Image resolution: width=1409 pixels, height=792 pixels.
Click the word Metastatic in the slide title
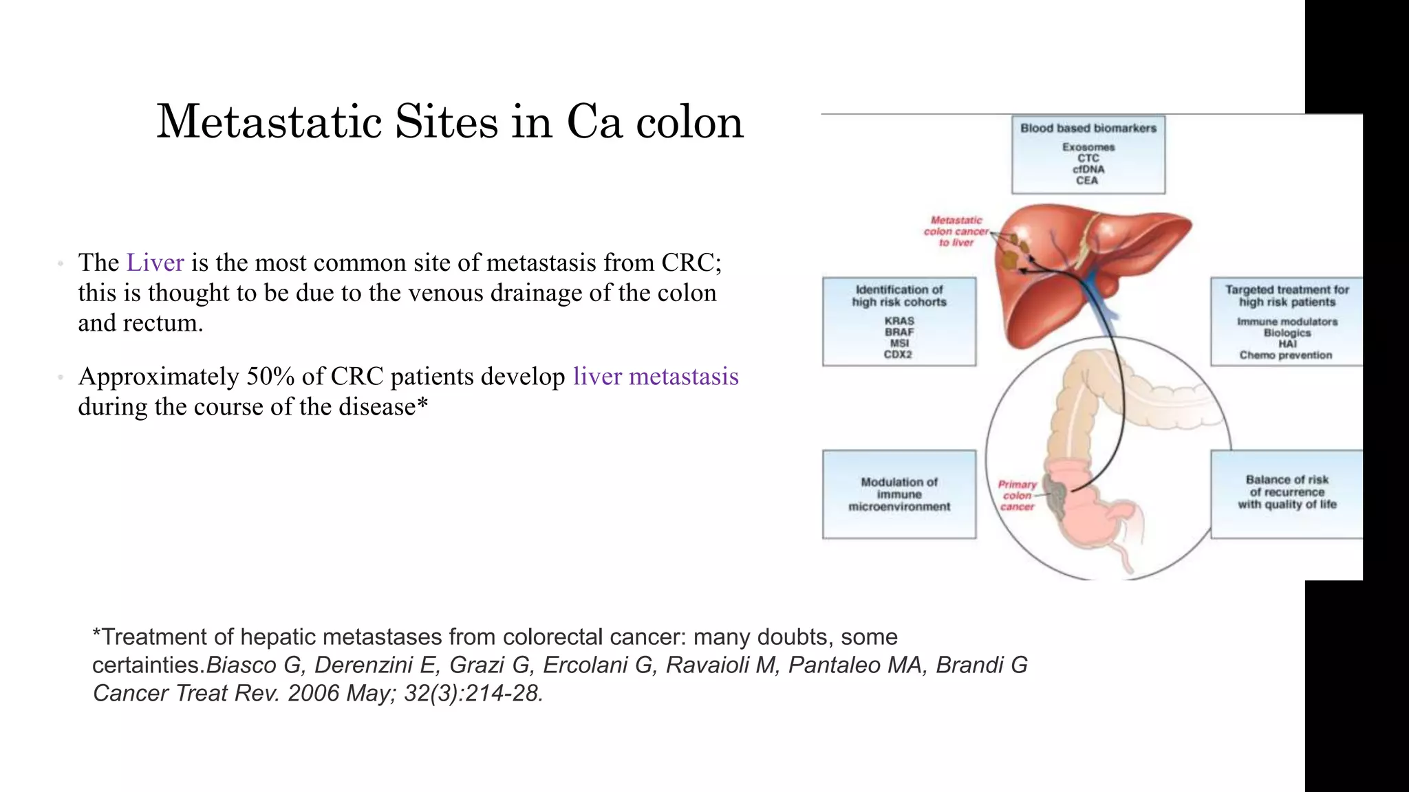pyautogui.click(x=269, y=122)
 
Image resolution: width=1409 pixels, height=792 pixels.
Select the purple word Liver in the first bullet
pyautogui.click(x=155, y=263)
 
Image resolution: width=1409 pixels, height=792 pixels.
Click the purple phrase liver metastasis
pyautogui.click(x=656, y=377)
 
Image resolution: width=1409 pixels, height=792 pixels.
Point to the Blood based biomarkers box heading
pyautogui.click(x=1088, y=129)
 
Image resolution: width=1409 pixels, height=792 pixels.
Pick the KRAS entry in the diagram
pyautogui.click(x=899, y=321)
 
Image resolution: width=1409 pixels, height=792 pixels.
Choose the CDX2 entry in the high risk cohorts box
pyautogui.click(x=898, y=355)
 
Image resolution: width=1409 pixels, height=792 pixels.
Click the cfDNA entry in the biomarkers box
pyautogui.click(x=1088, y=169)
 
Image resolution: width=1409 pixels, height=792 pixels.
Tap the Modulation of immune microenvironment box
pyautogui.click(x=899, y=494)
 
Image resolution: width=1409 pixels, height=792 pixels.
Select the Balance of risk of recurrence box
pyautogui.click(x=1287, y=492)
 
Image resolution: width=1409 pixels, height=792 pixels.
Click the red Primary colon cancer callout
pyautogui.click(x=1017, y=495)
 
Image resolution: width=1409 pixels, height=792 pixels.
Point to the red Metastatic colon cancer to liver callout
pyautogui.click(x=956, y=231)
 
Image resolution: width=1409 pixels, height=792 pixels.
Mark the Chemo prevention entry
pyautogui.click(x=1285, y=355)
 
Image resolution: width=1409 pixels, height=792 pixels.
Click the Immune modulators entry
pyautogui.click(x=1287, y=322)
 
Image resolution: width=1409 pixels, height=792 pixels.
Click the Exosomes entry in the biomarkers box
pyautogui.click(x=1088, y=147)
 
